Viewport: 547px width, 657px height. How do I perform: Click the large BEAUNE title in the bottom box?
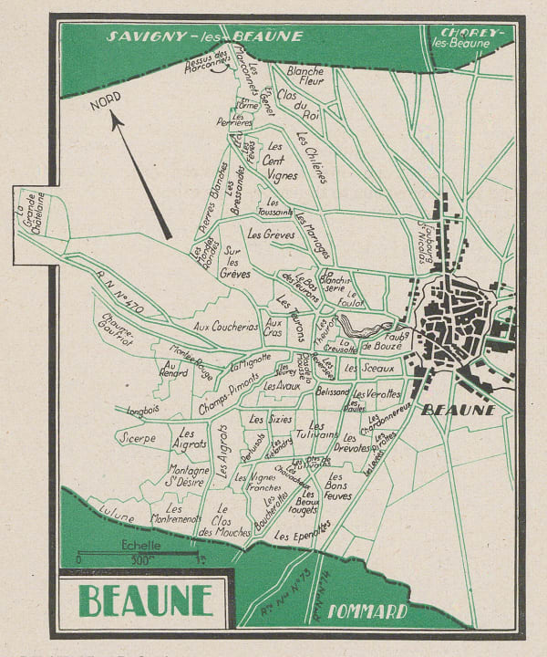145,600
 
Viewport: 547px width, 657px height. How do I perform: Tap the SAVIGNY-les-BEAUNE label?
204,37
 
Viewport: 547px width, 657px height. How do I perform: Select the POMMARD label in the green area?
366,611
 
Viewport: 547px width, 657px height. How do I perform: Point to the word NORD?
107,106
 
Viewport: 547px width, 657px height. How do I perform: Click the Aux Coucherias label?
226,326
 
